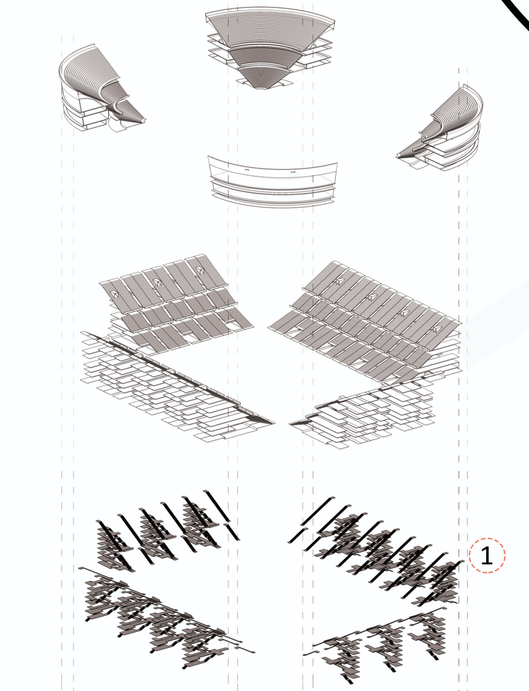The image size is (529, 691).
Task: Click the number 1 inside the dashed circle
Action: click(x=487, y=556)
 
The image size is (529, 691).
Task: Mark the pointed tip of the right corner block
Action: click(x=398, y=155)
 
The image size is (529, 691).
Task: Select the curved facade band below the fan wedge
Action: click(x=272, y=180)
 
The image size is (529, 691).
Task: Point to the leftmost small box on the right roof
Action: click(x=339, y=281)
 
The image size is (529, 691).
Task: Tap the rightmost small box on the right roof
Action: click(x=438, y=329)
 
